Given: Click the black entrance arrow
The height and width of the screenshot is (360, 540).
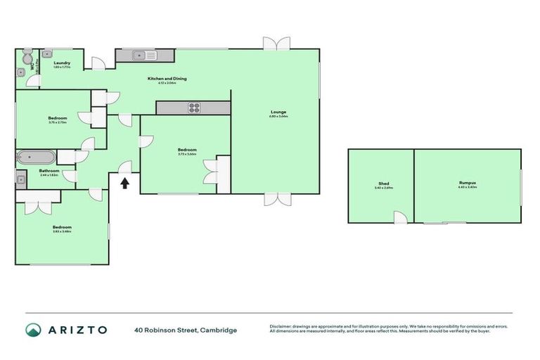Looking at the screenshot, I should pyautogui.click(x=125, y=184).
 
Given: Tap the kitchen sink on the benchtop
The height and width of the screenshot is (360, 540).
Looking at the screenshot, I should pyautogui.click(x=141, y=54).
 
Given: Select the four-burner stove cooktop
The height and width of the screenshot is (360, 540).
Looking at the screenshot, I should pyautogui.click(x=193, y=108).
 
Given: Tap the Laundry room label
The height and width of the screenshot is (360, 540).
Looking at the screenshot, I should pyautogui.click(x=62, y=63).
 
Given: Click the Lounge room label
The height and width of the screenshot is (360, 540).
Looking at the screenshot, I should pyautogui.click(x=278, y=112).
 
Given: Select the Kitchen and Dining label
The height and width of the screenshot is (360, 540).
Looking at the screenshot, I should pyautogui.click(x=167, y=78).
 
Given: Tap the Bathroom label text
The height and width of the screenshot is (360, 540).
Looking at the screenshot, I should pyautogui.click(x=49, y=170).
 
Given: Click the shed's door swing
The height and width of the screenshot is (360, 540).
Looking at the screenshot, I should pyautogui.click(x=399, y=218).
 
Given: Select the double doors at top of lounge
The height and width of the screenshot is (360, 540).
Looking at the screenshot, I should pyautogui.click(x=276, y=43).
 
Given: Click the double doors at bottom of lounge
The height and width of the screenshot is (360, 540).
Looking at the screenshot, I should pyautogui.click(x=276, y=199).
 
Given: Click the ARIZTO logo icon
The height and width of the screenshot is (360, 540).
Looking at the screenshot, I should pyautogui.click(x=33, y=330).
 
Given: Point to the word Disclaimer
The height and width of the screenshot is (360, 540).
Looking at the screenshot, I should pyautogui.click(x=281, y=326).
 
